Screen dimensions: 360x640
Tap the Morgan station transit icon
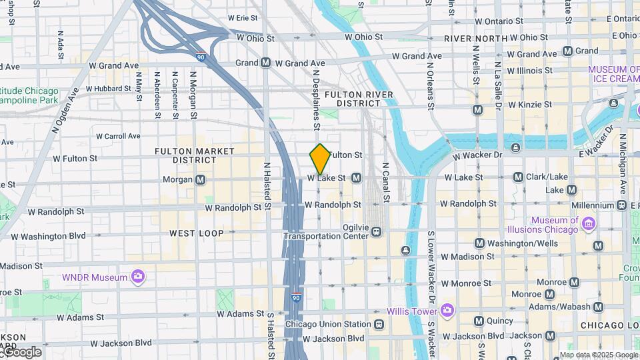(201, 179)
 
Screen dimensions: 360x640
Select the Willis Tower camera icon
(447, 311)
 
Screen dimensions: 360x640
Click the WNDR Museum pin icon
(138, 277)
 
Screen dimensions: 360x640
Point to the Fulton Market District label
(195, 155)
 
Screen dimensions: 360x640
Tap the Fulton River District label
(359, 99)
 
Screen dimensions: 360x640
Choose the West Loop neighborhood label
(196, 233)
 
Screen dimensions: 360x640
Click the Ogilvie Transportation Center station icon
(377, 232)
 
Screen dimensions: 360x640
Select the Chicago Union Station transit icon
(379, 325)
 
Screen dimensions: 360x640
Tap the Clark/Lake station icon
(518, 177)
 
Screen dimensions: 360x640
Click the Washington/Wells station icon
(479, 243)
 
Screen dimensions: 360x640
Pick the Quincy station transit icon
(479, 321)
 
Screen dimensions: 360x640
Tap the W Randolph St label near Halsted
(233, 208)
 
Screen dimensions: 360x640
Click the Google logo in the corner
(21, 352)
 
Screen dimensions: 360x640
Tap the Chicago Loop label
(608, 325)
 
